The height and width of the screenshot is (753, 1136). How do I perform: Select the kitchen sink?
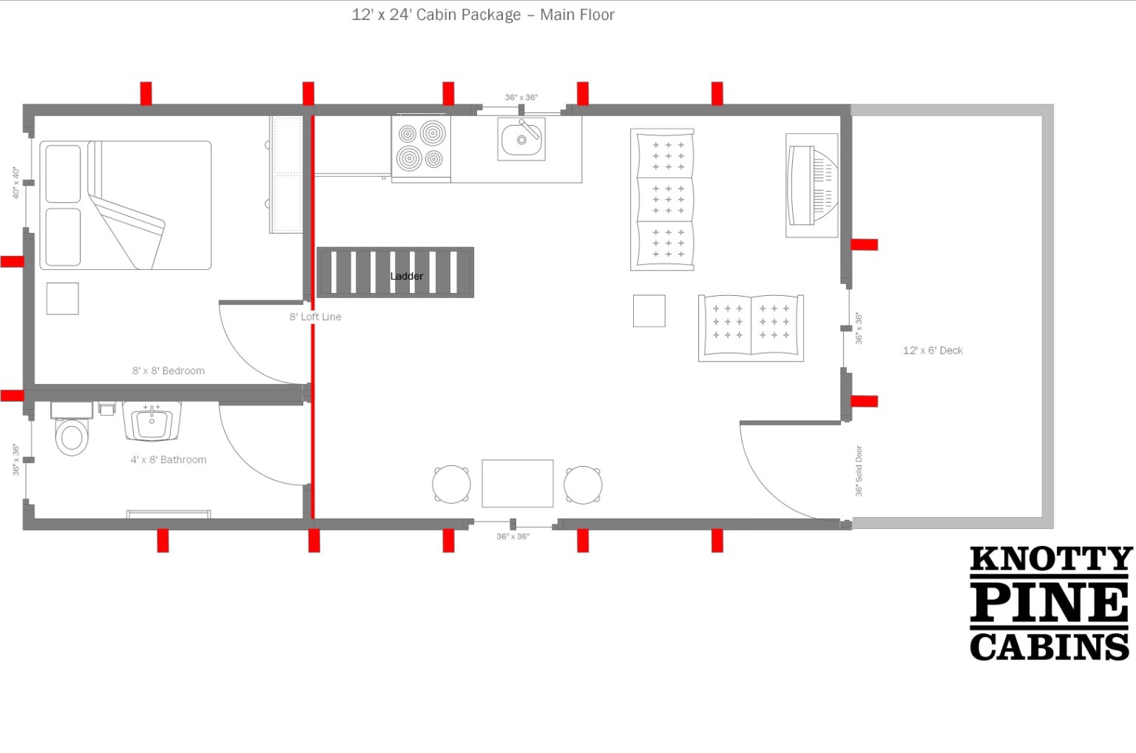click(521, 139)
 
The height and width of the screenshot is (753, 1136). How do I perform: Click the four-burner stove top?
click(421, 147)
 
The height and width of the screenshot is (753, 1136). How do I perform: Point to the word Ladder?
click(406, 277)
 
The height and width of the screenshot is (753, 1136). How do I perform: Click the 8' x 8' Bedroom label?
click(169, 371)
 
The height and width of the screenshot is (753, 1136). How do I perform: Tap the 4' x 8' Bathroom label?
click(169, 460)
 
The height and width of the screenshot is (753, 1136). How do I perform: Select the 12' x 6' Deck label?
click(933, 351)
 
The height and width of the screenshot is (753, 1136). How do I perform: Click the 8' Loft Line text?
click(315, 317)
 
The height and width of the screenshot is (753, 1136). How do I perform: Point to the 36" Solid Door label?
click(859, 470)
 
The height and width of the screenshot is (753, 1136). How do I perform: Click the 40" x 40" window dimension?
click(16, 183)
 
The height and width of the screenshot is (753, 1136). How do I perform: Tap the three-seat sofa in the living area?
click(663, 199)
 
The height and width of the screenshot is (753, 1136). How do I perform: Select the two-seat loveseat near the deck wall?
click(751, 328)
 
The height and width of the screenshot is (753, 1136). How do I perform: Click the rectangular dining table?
click(517, 483)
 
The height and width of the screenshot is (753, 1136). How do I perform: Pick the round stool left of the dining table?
click(451, 484)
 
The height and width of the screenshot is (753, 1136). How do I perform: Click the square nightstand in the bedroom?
click(62, 299)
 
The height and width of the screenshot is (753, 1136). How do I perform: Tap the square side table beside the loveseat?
click(649, 311)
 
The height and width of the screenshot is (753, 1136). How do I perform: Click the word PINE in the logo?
click(1049, 603)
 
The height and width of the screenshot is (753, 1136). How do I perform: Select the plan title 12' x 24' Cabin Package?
click(436, 15)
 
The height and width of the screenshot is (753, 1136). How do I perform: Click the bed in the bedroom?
click(125, 206)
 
